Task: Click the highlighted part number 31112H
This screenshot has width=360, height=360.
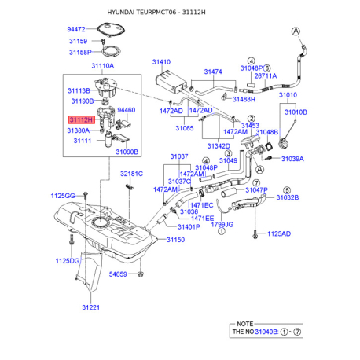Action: tap(82, 120)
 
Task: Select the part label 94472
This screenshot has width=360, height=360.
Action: tap(76, 29)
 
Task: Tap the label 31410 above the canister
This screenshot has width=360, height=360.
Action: tap(161, 62)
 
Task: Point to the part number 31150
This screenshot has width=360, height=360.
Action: tap(175, 240)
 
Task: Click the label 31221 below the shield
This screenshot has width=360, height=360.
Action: tap(91, 307)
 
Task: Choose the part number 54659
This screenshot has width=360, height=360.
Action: tap(118, 274)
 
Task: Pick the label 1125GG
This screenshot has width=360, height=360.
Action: tap(63, 196)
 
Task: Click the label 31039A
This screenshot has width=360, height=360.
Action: tap(292, 159)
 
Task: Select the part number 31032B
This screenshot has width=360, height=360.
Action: tap(288, 197)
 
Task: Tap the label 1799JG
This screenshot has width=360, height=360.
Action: tap(222, 224)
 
